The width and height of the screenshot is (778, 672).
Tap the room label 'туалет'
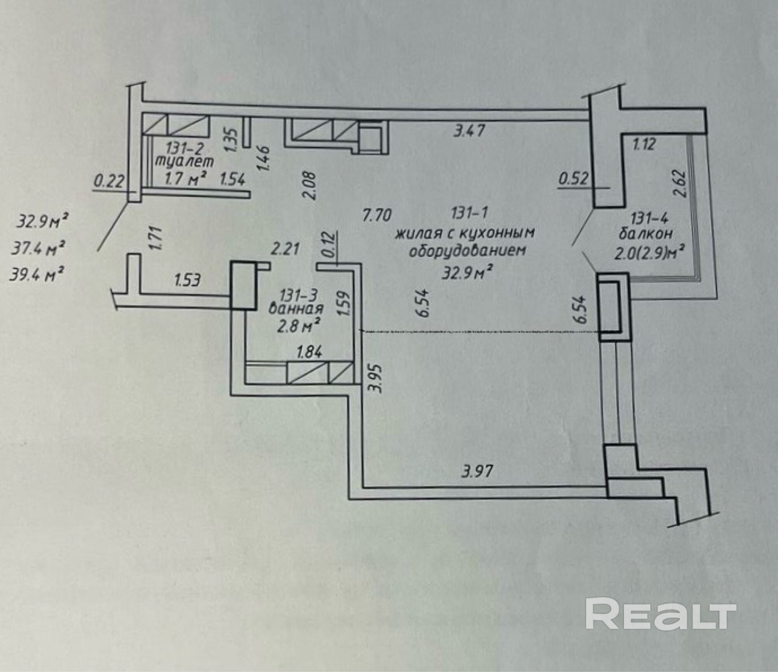[185, 161]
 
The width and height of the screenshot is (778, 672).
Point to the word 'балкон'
[646, 233]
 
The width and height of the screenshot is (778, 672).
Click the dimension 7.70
[376, 215]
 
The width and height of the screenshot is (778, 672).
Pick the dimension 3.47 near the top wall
[470, 130]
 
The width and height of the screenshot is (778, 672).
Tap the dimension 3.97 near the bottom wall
[477, 472]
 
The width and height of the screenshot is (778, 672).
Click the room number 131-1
[470, 213]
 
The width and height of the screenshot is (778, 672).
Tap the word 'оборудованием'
[466, 251]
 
